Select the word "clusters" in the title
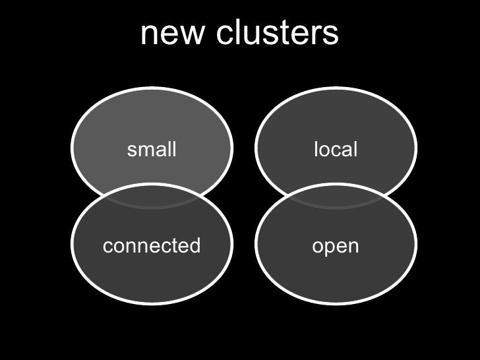[x=276, y=34]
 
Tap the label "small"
[x=152, y=150]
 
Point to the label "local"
[x=336, y=150]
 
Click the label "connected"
[x=152, y=246]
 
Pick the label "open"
[x=336, y=246]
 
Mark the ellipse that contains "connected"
[x=152, y=277]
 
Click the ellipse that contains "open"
[x=336, y=277]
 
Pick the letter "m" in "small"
[x=146, y=150]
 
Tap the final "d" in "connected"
[x=195, y=246]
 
